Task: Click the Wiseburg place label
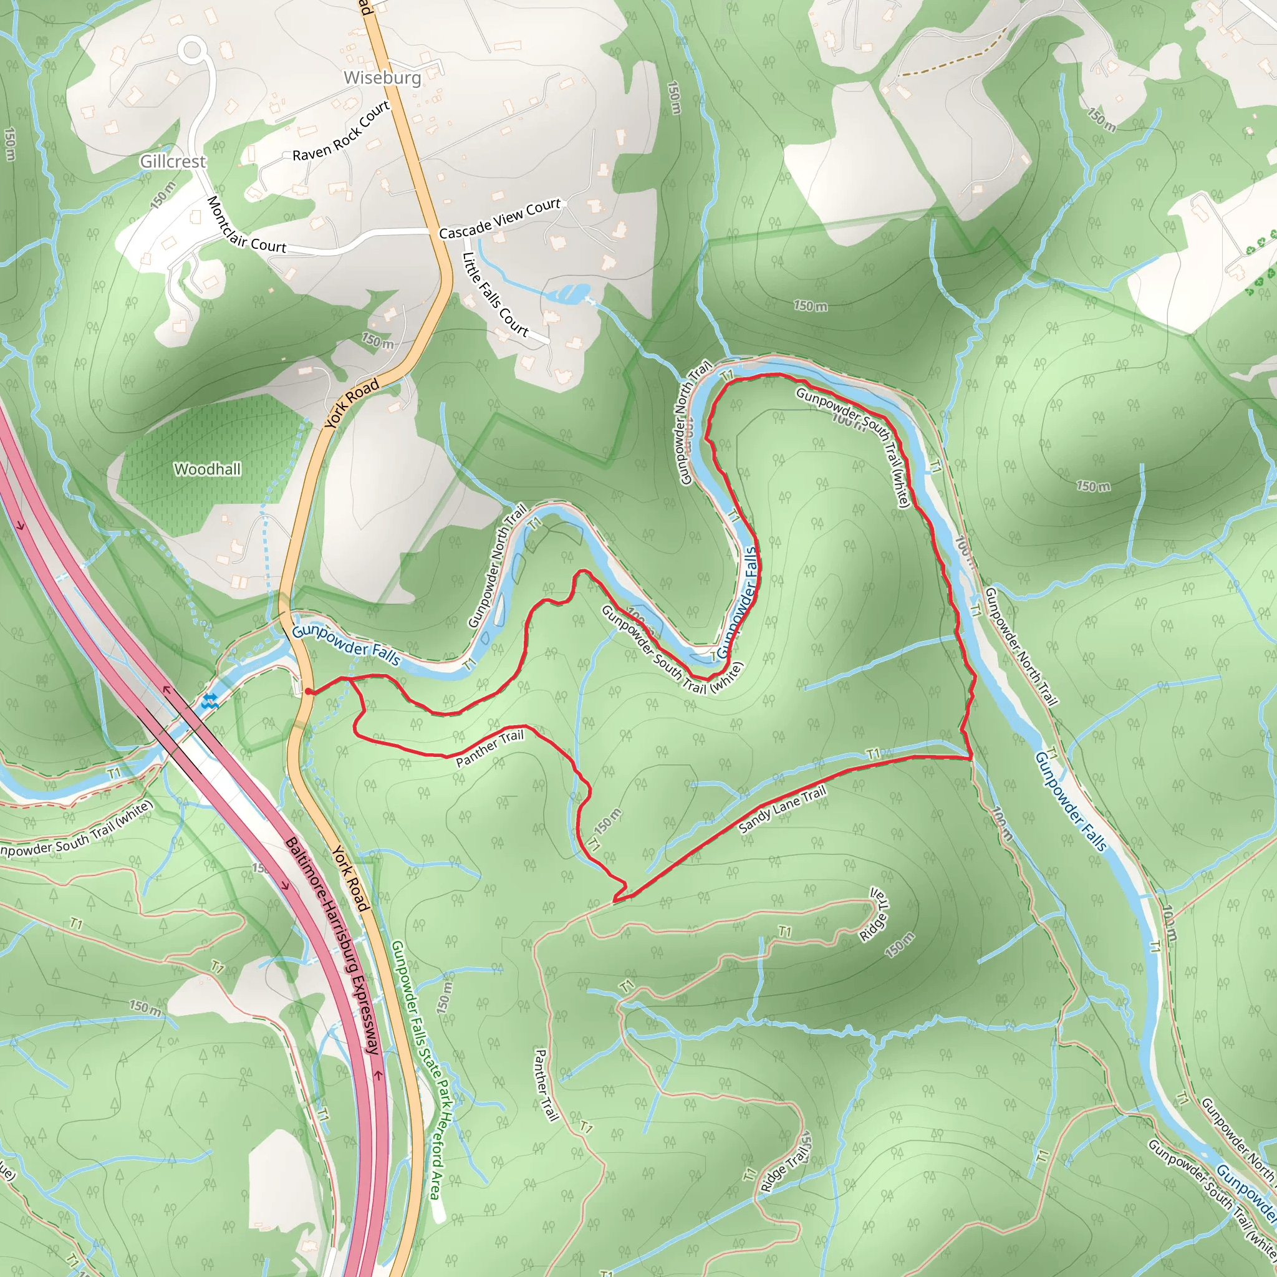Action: (x=382, y=77)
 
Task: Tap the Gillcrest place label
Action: (x=173, y=161)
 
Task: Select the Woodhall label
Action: (x=207, y=470)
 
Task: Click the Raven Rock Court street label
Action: (x=341, y=132)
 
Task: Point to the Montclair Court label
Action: (x=246, y=224)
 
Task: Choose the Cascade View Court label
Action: (x=499, y=219)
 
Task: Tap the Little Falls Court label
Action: (x=495, y=295)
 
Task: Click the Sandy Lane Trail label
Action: (x=783, y=810)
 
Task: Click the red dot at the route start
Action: (x=309, y=692)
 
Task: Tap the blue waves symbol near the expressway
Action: (x=210, y=702)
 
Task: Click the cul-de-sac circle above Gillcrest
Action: (x=191, y=50)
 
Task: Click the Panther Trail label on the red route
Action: (x=489, y=748)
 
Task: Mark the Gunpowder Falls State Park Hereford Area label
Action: (x=417, y=1071)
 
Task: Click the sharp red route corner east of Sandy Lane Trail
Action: (x=970, y=758)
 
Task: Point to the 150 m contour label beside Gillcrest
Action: (x=163, y=195)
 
